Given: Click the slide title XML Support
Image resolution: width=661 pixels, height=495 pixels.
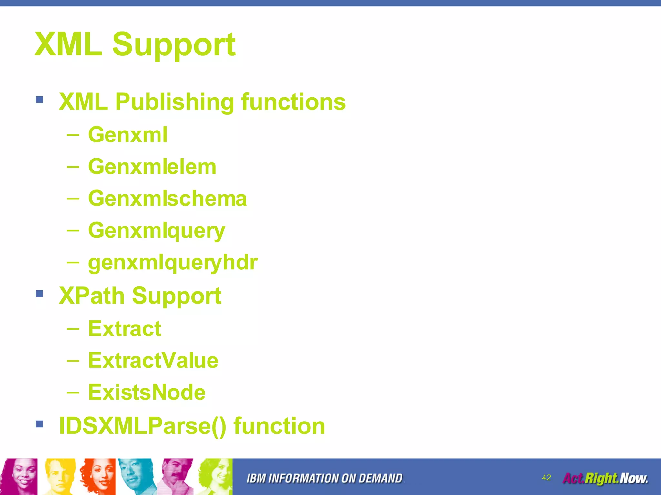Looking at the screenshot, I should click(x=135, y=44).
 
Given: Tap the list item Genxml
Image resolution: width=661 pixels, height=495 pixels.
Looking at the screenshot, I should click(x=128, y=134).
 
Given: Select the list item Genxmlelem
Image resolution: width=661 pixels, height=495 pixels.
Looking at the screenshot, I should click(x=152, y=167).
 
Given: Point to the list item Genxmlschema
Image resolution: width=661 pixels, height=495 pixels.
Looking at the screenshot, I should click(x=167, y=199).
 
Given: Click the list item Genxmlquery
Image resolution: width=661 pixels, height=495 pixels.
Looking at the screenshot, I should click(x=157, y=231).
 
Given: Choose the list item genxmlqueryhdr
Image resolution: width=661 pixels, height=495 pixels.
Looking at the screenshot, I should click(x=173, y=263).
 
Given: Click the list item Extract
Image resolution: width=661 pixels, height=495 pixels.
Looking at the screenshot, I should click(x=125, y=329).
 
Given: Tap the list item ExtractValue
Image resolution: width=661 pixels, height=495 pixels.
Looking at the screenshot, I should click(x=153, y=361).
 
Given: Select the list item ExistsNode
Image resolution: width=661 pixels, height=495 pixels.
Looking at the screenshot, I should click(x=147, y=393).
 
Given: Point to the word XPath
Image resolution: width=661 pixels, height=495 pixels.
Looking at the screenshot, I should click(x=92, y=296).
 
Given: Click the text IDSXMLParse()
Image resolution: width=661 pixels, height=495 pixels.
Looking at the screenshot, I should click(x=142, y=426).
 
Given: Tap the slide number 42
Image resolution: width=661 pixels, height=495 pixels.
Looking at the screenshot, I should click(x=546, y=478).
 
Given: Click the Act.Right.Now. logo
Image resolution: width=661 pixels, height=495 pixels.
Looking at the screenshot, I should click(x=605, y=478).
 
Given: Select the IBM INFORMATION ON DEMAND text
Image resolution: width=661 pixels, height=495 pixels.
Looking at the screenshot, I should click(x=324, y=479).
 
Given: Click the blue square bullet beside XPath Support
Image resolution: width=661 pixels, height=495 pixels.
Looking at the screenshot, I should click(x=39, y=294).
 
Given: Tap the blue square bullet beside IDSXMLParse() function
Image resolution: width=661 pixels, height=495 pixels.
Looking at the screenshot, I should click(x=39, y=424).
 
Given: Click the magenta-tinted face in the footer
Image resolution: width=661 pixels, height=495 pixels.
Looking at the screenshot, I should click(x=20, y=476).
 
